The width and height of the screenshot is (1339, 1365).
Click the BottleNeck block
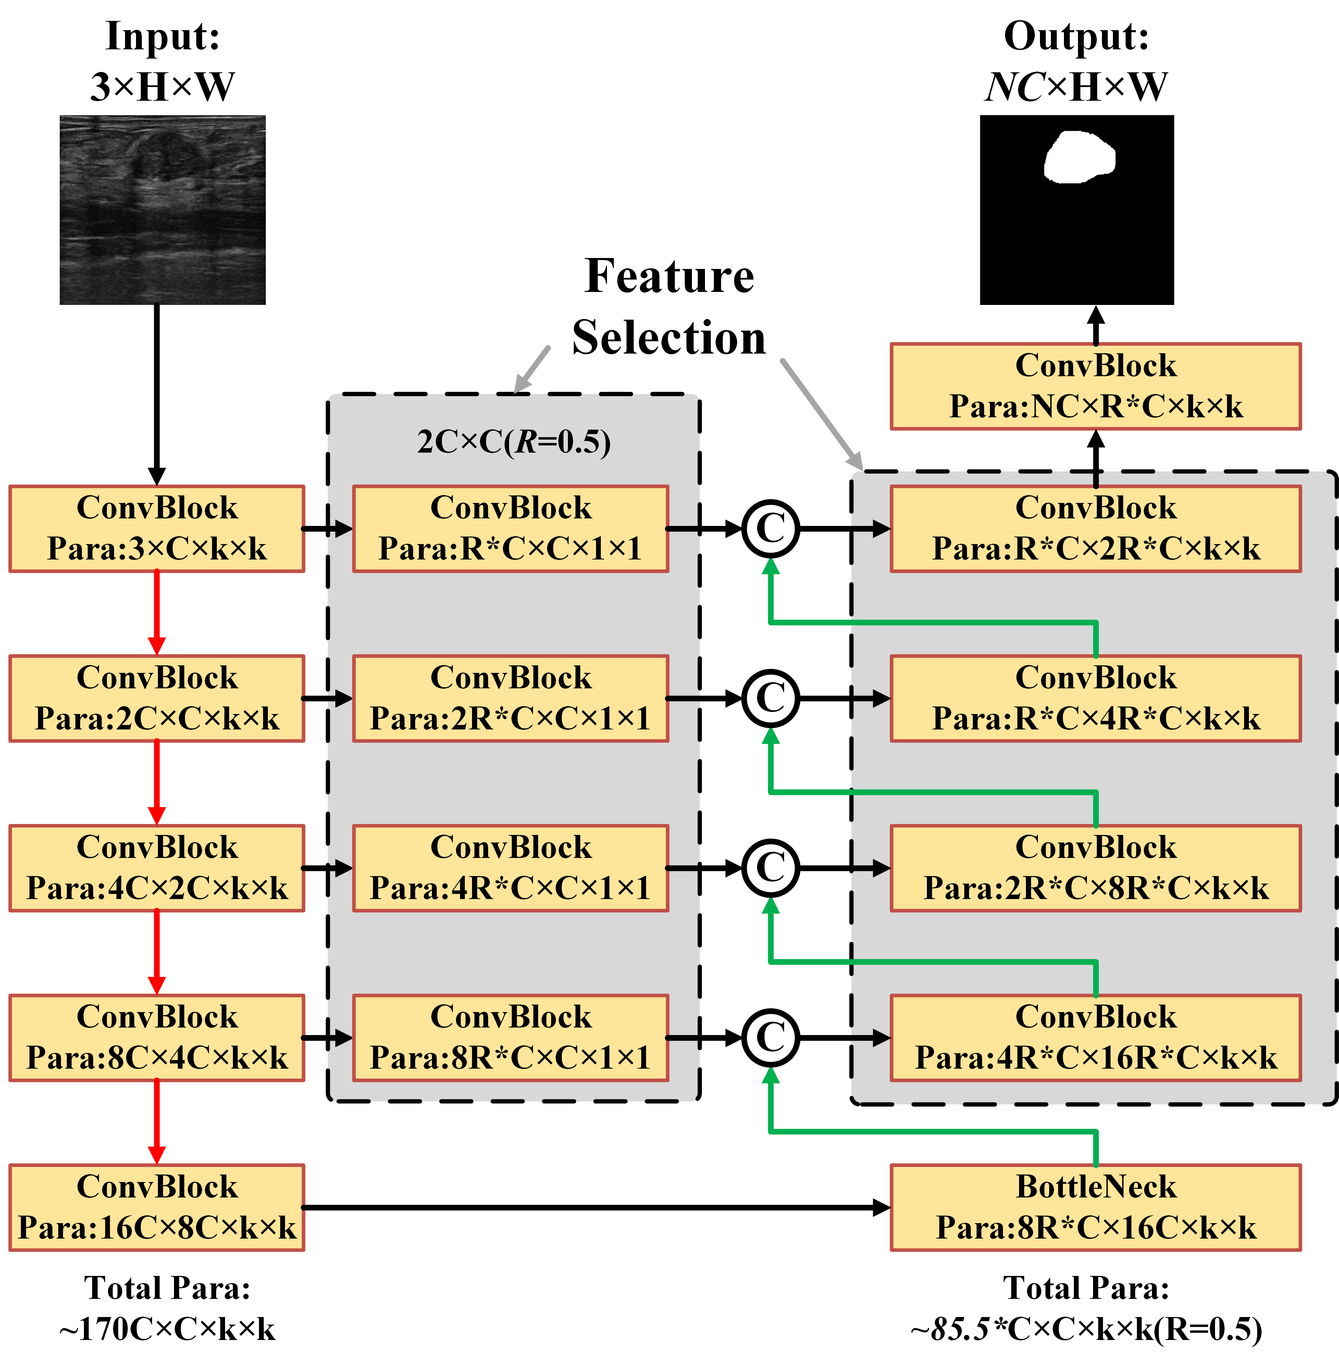click(x=1095, y=1207)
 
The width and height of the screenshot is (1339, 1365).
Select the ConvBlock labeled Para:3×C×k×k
click(x=157, y=528)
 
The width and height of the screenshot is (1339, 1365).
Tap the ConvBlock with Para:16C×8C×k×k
click(x=157, y=1207)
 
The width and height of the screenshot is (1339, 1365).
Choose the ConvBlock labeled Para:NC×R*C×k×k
click(x=1095, y=386)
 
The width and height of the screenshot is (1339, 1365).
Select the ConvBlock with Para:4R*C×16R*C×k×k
click(x=1095, y=1037)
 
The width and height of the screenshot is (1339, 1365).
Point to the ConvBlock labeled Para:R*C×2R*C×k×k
click(x=1095, y=528)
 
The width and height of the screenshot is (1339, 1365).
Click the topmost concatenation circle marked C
click(x=771, y=528)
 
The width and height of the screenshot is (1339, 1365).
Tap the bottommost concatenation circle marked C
click(x=771, y=1037)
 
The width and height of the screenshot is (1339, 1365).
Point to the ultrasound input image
click(x=162, y=210)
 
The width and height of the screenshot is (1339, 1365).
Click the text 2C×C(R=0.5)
click(x=513, y=442)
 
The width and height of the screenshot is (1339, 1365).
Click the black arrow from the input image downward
click(x=157, y=394)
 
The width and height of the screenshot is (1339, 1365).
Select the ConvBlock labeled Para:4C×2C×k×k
click(x=157, y=868)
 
